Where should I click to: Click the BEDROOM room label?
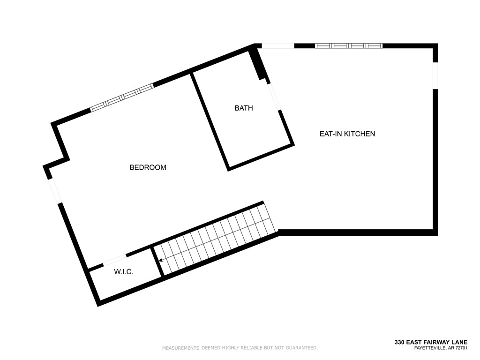click(148, 167)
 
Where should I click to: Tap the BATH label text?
click(244, 108)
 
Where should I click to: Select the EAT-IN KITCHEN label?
click(347, 134)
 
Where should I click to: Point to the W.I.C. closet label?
click(124, 271)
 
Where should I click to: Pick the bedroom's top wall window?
click(122, 97)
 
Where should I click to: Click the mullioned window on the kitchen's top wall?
click(348, 46)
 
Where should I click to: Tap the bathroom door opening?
click(274, 97)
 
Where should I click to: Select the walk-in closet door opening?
click(114, 260)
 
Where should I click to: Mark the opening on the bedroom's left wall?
click(54, 190)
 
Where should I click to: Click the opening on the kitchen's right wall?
click(435, 75)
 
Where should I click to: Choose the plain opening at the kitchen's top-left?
click(277, 46)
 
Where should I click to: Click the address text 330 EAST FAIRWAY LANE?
click(431, 343)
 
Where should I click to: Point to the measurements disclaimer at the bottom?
click(240, 348)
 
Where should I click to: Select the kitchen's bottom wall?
click(356, 232)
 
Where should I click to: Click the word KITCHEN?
click(360, 134)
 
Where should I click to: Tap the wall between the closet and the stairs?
click(157, 262)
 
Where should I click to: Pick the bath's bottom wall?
click(260, 157)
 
